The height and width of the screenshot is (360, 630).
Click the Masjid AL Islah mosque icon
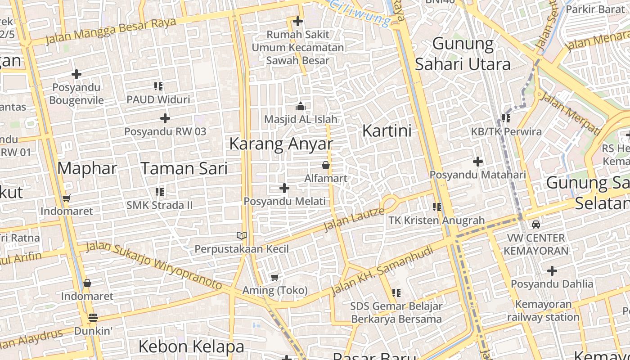coord(300,107)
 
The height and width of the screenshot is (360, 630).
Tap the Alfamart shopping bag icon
coord(326,166)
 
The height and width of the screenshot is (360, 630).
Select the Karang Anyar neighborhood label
coord(281,144)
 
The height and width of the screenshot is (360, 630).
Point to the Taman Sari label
coord(184,168)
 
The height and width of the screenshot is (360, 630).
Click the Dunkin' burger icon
coord(93,317)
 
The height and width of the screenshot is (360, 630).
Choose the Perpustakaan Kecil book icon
coord(242,235)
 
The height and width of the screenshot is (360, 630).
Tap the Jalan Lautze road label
coord(354,219)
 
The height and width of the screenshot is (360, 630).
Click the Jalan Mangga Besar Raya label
coord(111,31)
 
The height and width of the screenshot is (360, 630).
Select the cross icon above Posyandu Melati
coord(284,188)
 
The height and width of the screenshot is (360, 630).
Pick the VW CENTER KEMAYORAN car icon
coord(535,224)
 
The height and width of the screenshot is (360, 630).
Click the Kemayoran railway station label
coord(543,310)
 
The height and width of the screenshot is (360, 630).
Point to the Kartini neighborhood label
coord(387,131)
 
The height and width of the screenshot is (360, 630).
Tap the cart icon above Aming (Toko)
coord(274,277)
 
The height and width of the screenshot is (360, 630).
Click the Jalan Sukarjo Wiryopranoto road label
coord(154,265)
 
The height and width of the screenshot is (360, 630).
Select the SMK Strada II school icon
coord(159,192)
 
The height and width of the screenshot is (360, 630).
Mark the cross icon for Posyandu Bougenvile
coord(76,74)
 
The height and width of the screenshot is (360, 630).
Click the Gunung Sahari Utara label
coord(463,54)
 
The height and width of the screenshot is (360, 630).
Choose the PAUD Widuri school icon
coord(158,86)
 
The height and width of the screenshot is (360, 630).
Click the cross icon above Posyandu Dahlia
coord(552,271)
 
